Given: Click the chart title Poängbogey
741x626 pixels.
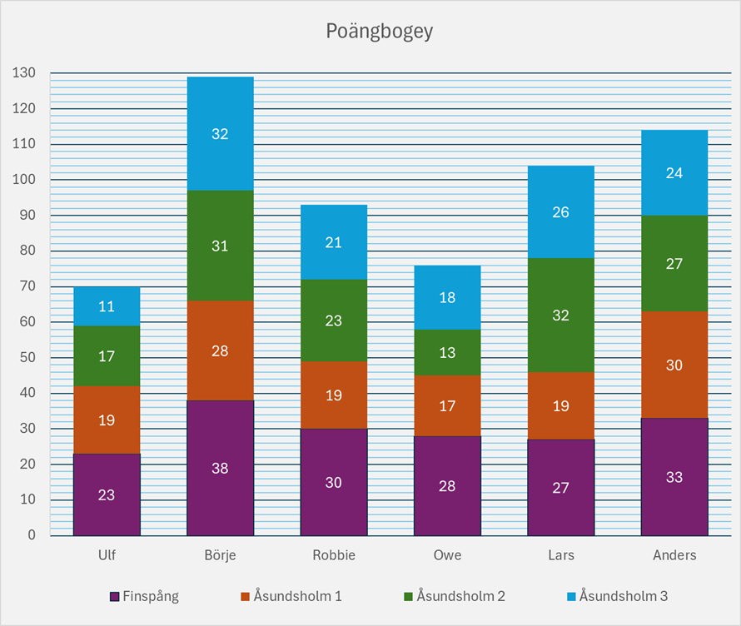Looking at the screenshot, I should coord(380,32).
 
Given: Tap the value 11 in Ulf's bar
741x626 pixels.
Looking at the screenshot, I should coord(107,306).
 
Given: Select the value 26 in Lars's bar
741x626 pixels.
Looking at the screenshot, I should coord(560,212).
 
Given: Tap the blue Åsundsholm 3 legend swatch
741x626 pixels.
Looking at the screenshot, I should coord(570,597).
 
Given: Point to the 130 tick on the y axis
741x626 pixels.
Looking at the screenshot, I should coord(24,73).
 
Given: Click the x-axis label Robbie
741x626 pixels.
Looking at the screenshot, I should coord(333,555).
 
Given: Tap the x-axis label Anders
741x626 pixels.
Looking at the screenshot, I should coord(674,555).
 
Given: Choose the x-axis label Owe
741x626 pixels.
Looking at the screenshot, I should coord(447,555).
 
